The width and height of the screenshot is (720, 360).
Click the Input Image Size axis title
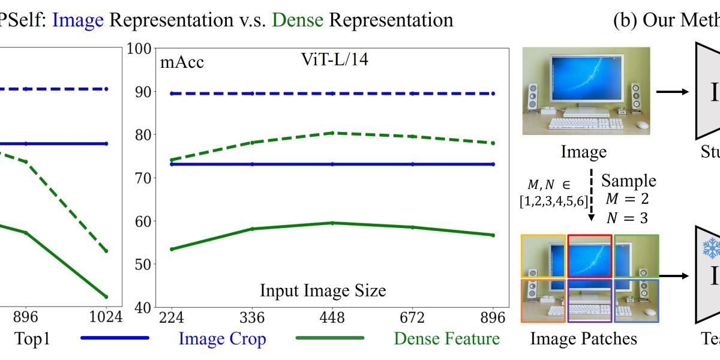pos(323,291)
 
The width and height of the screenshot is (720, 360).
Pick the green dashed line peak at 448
pos(334,133)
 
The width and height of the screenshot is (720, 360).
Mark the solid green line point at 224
pos(172,248)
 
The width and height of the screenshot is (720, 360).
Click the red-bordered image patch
pos(590,256)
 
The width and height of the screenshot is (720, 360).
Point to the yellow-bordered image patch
pos(544,256)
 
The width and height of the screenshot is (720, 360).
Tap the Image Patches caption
pos(584,339)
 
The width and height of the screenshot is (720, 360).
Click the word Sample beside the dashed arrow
pos(629,181)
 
